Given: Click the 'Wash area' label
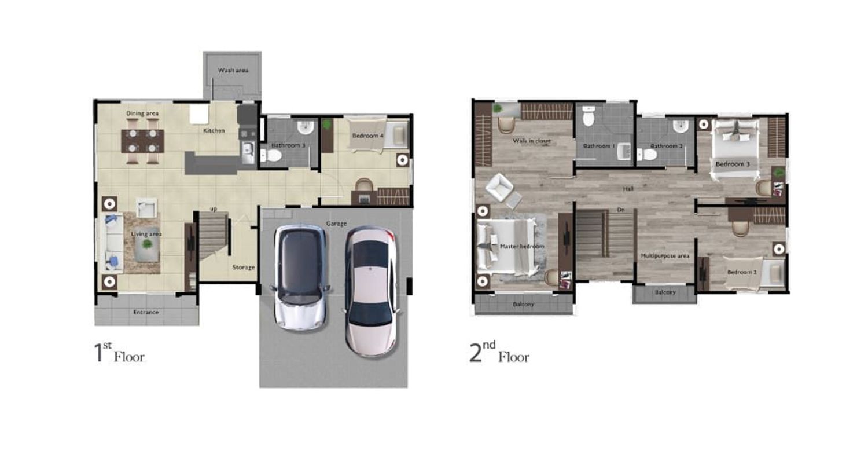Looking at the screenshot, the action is [233, 70].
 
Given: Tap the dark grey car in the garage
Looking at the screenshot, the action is [300, 277].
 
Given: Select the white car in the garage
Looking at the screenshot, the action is [371, 291].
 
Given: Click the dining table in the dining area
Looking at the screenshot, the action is [142, 141].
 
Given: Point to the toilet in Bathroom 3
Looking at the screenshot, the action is [271, 156].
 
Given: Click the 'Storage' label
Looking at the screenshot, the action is [244, 267].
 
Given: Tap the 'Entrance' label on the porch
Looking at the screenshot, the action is [146, 312].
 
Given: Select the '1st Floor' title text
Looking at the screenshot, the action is [119, 353].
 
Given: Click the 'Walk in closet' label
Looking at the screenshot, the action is [532, 141].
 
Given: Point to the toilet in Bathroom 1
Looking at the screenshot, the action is [589, 117].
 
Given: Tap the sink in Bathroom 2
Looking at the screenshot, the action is [681, 126].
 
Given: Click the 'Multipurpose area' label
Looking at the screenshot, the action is [665, 256].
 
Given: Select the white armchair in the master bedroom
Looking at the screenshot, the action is [500, 188].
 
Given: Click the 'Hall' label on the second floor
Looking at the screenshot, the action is [628, 189].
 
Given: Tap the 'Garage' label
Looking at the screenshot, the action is [336, 224].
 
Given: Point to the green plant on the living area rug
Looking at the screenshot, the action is [147, 244].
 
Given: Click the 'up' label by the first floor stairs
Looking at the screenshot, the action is [214, 210].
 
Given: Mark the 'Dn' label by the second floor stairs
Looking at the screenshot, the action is [621, 210].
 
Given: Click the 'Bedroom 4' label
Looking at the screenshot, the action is [367, 136].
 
